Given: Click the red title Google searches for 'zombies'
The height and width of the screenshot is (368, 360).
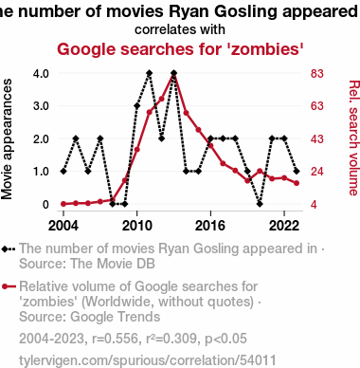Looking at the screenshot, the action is point(180,49).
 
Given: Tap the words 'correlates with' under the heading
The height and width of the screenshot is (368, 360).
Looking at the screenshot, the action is point(180,29).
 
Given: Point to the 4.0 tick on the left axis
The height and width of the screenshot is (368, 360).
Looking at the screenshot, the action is point(41,73).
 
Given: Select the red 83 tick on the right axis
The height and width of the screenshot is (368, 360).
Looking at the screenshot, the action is point(317,73).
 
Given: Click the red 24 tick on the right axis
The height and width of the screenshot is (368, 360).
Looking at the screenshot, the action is point(317,172).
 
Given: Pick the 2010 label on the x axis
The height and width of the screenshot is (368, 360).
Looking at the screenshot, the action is point(137,226).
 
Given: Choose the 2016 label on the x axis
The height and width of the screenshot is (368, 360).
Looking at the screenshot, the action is point(210,226).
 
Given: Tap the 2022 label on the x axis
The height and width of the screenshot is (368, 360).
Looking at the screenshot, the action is point(284,226).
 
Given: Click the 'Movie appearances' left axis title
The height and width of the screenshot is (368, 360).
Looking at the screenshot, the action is point(7,139).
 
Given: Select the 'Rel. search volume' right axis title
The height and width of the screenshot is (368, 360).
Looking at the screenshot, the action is point(354,138).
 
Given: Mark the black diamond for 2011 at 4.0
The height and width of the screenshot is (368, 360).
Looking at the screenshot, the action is point(150,73).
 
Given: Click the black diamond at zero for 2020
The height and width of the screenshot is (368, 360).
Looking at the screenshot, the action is point(260,204).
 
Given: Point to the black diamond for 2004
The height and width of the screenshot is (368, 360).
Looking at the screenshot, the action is point(63,172).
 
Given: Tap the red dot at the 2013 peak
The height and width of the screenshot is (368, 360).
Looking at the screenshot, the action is point(173,74).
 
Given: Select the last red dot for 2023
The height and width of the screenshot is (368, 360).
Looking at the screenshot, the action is point(297,183).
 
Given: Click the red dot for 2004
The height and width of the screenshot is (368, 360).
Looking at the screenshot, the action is point(63,204).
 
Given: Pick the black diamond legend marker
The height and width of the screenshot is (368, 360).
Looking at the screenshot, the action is point(5,249).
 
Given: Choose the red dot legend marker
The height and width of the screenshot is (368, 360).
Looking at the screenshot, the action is point(5,286).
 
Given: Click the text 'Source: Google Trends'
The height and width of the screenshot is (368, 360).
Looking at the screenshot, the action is point(90,317).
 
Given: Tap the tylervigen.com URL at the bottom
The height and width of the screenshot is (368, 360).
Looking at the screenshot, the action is point(148,360).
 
